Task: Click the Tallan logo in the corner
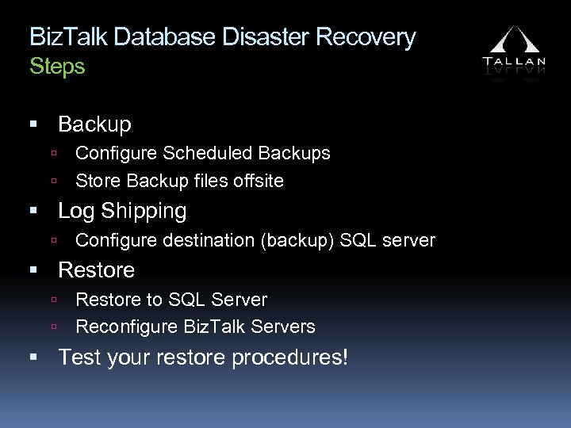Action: click(x=514, y=49)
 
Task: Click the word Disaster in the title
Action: click(x=264, y=37)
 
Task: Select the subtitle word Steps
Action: click(x=57, y=67)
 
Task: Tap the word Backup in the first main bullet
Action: click(x=94, y=124)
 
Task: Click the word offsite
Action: click(x=258, y=181)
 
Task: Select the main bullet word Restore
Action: click(x=96, y=270)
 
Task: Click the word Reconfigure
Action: click(x=126, y=327)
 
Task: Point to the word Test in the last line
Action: click(x=79, y=357)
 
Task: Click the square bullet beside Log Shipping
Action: click(x=34, y=212)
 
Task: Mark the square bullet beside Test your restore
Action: click(x=34, y=358)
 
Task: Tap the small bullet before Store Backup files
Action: click(x=52, y=182)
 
